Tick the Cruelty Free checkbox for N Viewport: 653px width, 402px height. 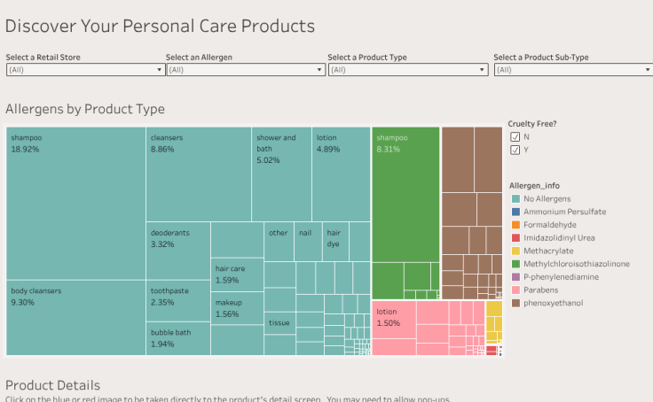pyautogui.click(x=515, y=137)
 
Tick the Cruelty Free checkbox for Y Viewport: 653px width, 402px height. pyautogui.click(x=515, y=150)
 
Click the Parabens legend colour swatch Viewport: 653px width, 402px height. pyautogui.click(x=515, y=290)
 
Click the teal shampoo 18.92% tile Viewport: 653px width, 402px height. pyautogui.click(x=75, y=204)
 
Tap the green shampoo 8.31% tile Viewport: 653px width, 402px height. pyautogui.click(x=405, y=195)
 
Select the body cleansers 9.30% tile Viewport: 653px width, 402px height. pyautogui.click(x=75, y=318)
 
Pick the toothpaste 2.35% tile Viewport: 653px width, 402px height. pyautogui.click(x=177, y=300)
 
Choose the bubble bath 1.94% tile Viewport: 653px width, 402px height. pyautogui.click(x=177, y=338)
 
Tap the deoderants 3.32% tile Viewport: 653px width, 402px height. pyautogui.click(x=177, y=251)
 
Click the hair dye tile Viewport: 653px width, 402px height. pyautogui.click(x=334, y=239)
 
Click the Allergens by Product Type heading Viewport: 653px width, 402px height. pyautogui.click(x=85, y=109)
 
